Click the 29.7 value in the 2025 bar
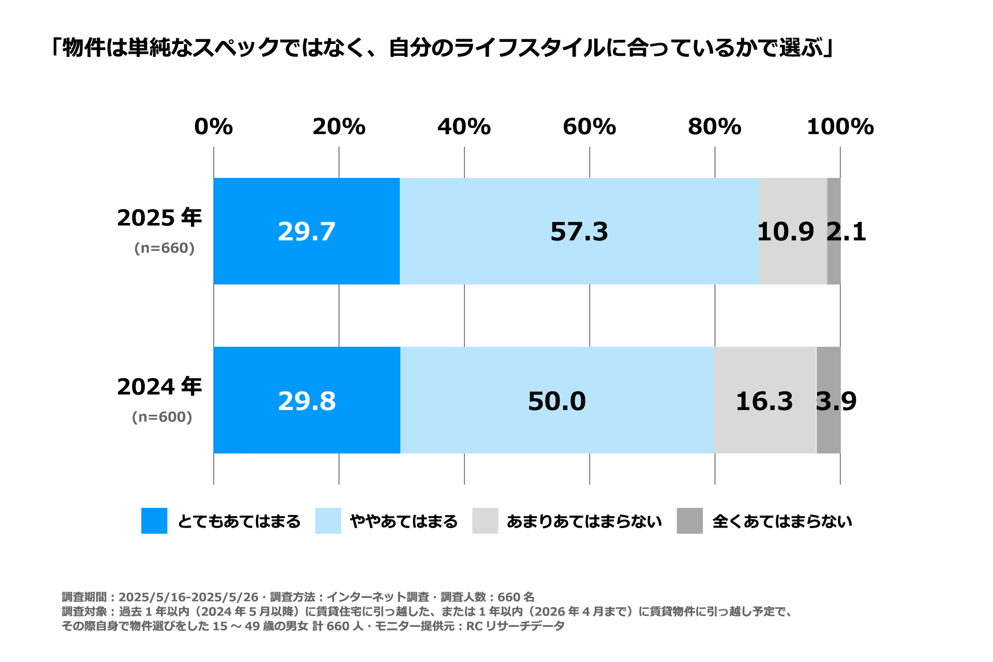(307, 232)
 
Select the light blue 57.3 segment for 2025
(579, 232)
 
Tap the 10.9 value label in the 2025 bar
(785, 232)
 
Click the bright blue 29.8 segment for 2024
(307, 401)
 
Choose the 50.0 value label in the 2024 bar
(556, 401)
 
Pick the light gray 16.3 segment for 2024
(764, 401)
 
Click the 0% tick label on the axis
(214, 127)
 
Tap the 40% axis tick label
(464, 127)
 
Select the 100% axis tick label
(840, 127)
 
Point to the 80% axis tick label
(714, 127)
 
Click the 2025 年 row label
(159, 218)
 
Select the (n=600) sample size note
(162, 417)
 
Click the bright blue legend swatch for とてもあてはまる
(154, 521)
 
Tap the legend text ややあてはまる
(404, 521)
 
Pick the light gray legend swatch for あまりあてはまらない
(485, 521)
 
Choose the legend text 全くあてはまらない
(782, 521)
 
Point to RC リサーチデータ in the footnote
(515, 626)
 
